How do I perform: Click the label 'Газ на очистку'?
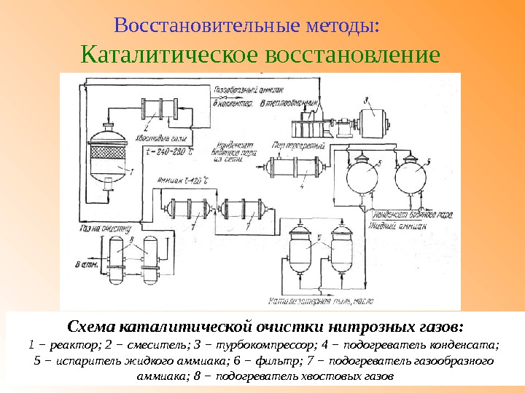96,229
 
